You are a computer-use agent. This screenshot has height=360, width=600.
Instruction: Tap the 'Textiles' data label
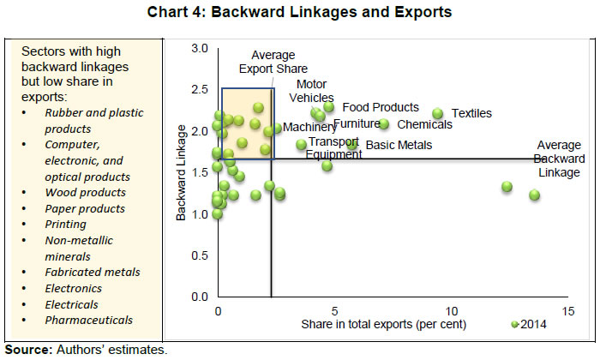(472, 113)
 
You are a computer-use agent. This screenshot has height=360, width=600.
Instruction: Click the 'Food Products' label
(381, 107)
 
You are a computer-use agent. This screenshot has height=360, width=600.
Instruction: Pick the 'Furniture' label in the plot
(357, 124)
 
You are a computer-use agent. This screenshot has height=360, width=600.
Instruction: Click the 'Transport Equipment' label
(334, 148)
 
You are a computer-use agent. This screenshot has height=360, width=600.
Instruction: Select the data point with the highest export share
(534, 195)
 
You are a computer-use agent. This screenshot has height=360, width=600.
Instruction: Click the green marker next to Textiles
(437, 113)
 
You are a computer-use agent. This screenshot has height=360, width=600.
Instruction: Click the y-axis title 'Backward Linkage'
(182, 171)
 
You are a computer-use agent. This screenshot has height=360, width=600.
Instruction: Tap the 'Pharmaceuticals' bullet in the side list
(89, 320)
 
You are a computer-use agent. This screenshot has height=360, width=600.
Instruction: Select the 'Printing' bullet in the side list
(66, 225)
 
